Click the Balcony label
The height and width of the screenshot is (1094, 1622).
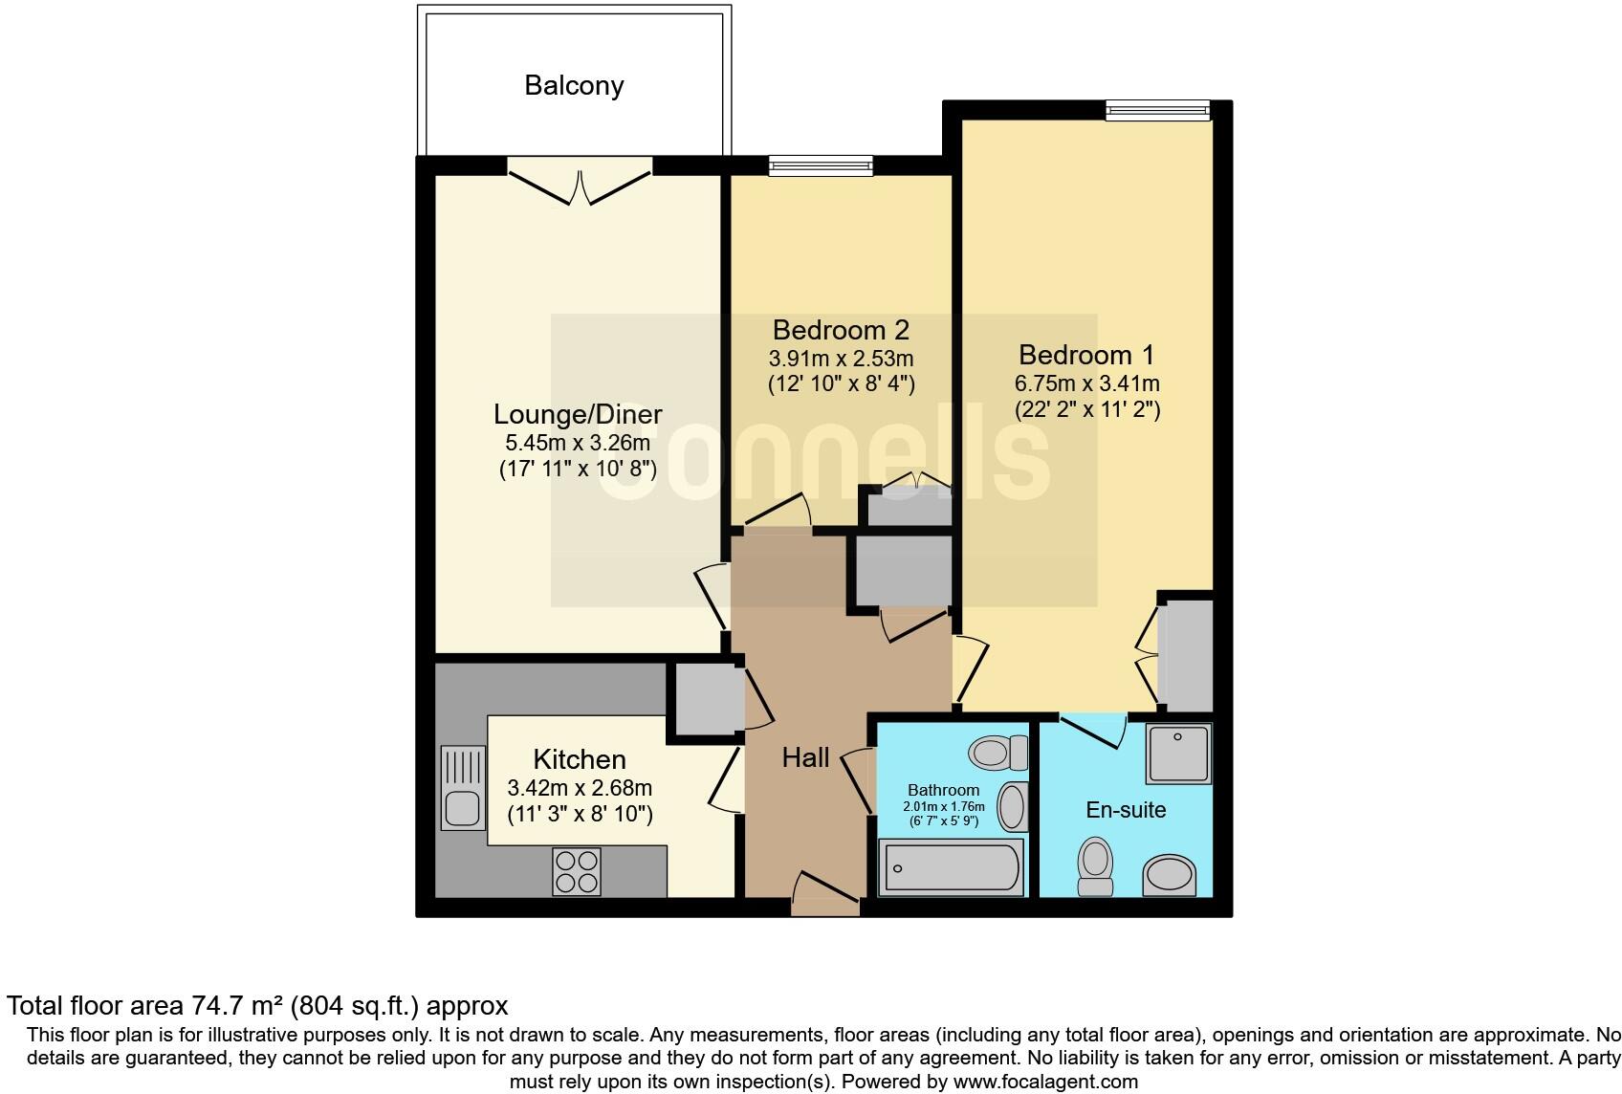point(574,86)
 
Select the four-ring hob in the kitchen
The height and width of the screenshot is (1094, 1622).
point(577,871)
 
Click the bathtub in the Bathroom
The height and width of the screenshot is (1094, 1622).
point(951,866)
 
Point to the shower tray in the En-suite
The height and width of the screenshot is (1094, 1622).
point(1178,754)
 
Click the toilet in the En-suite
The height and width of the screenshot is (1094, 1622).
point(1095,865)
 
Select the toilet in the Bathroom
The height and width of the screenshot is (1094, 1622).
point(997,753)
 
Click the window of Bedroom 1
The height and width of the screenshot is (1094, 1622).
point(1157,111)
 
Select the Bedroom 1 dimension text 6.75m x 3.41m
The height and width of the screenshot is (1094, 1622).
point(1087,384)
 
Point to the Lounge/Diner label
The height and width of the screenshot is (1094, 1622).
point(578,415)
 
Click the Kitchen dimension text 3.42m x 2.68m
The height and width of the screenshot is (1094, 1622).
point(580,788)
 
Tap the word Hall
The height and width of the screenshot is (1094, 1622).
point(805,758)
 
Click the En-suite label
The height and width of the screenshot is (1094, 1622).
point(1126,810)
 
